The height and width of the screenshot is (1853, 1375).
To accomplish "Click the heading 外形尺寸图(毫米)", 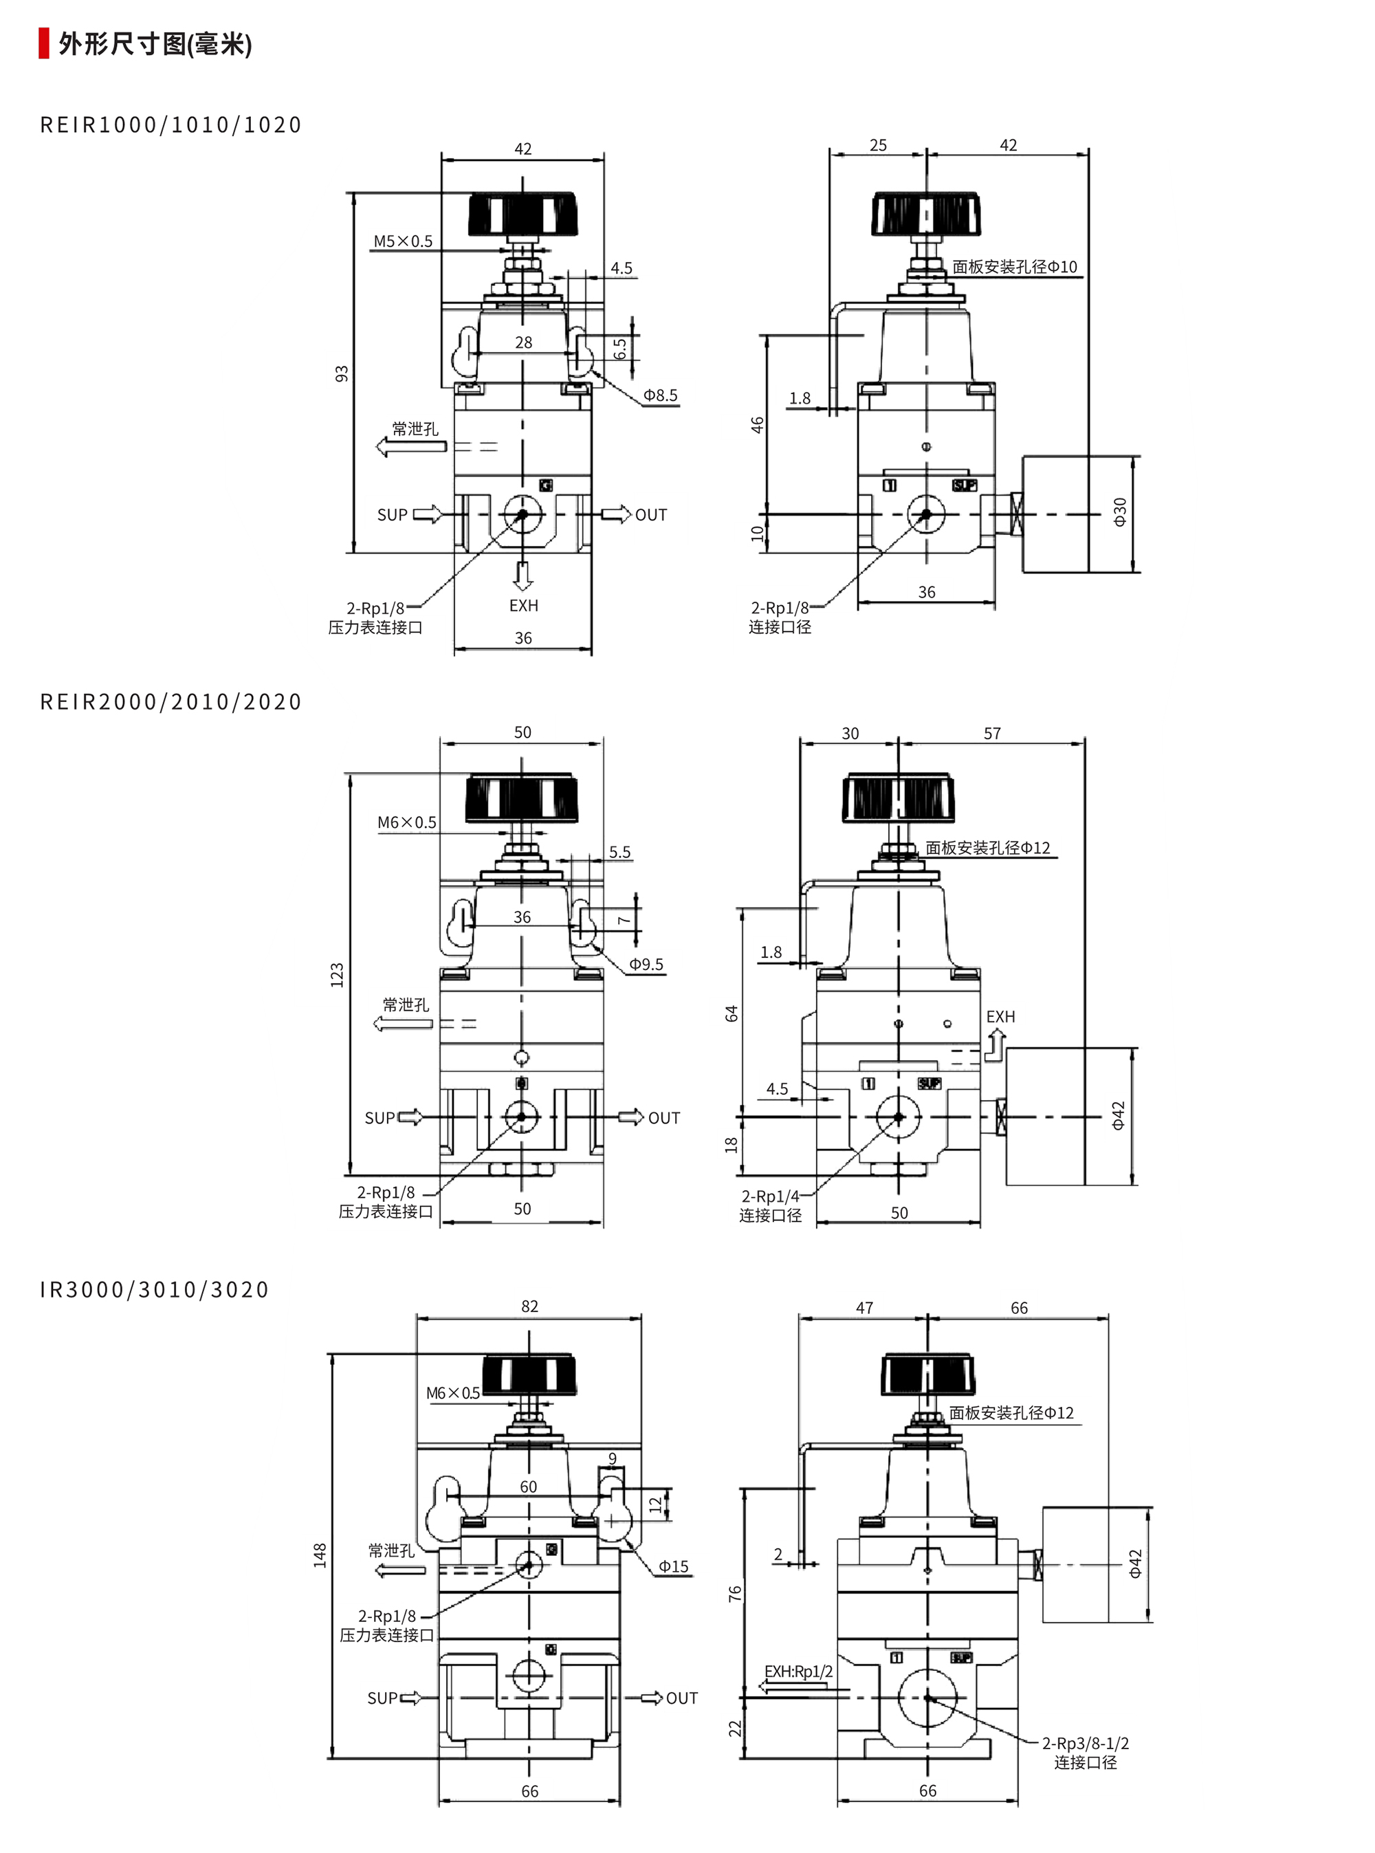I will (x=154, y=43).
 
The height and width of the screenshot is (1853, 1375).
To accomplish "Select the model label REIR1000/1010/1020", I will (x=170, y=125).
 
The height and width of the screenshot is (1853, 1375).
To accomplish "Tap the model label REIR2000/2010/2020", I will (x=170, y=702).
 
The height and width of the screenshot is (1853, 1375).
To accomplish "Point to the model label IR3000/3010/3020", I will (x=155, y=1289).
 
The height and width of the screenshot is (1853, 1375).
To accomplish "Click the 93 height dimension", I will (x=341, y=374).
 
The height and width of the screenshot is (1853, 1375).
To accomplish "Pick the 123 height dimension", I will (x=337, y=975).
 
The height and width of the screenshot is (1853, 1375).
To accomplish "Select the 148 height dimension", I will (x=320, y=1555).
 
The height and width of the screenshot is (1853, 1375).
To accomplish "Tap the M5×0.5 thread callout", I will (x=403, y=241).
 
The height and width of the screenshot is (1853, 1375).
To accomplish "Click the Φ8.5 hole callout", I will (x=660, y=395).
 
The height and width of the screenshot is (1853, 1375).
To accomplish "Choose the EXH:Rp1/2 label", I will (x=798, y=1671).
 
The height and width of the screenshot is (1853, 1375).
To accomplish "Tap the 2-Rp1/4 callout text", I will (x=770, y=1196).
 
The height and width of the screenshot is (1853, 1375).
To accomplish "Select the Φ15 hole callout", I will (x=673, y=1567).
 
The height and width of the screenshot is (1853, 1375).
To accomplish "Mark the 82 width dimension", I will (x=529, y=1306).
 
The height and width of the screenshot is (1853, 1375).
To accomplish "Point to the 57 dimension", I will (x=992, y=734).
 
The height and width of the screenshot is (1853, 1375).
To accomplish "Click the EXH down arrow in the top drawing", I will (x=522, y=575).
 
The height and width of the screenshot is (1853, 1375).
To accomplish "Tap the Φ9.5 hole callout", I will (x=646, y=964).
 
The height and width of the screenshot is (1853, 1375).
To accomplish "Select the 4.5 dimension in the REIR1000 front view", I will (x=621, y=268).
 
